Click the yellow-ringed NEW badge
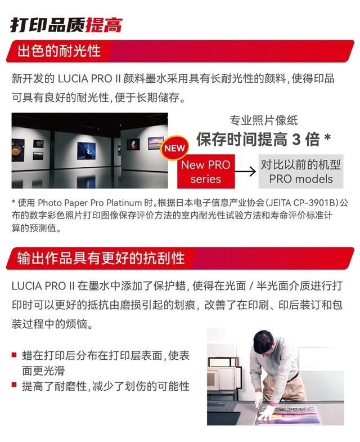click(174, 148)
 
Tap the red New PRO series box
click(206, 171)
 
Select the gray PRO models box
click(301, 171)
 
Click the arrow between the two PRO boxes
click(245, 171)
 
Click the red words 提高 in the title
click(103, 25)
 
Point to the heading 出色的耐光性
click(59, 51)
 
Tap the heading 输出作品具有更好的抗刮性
click(101, 258)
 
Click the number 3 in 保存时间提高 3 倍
click(296, 139)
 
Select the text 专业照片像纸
click(264, 120)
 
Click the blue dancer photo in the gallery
click(86, 151)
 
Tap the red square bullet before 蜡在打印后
click(14, 355)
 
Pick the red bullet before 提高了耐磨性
click(14, 385)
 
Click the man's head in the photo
click(264, 342)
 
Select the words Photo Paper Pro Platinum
click(89, 203)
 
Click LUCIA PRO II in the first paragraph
click(89, 79)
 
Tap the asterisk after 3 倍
click(327, 137)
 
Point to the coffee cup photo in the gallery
click(18, 150)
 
